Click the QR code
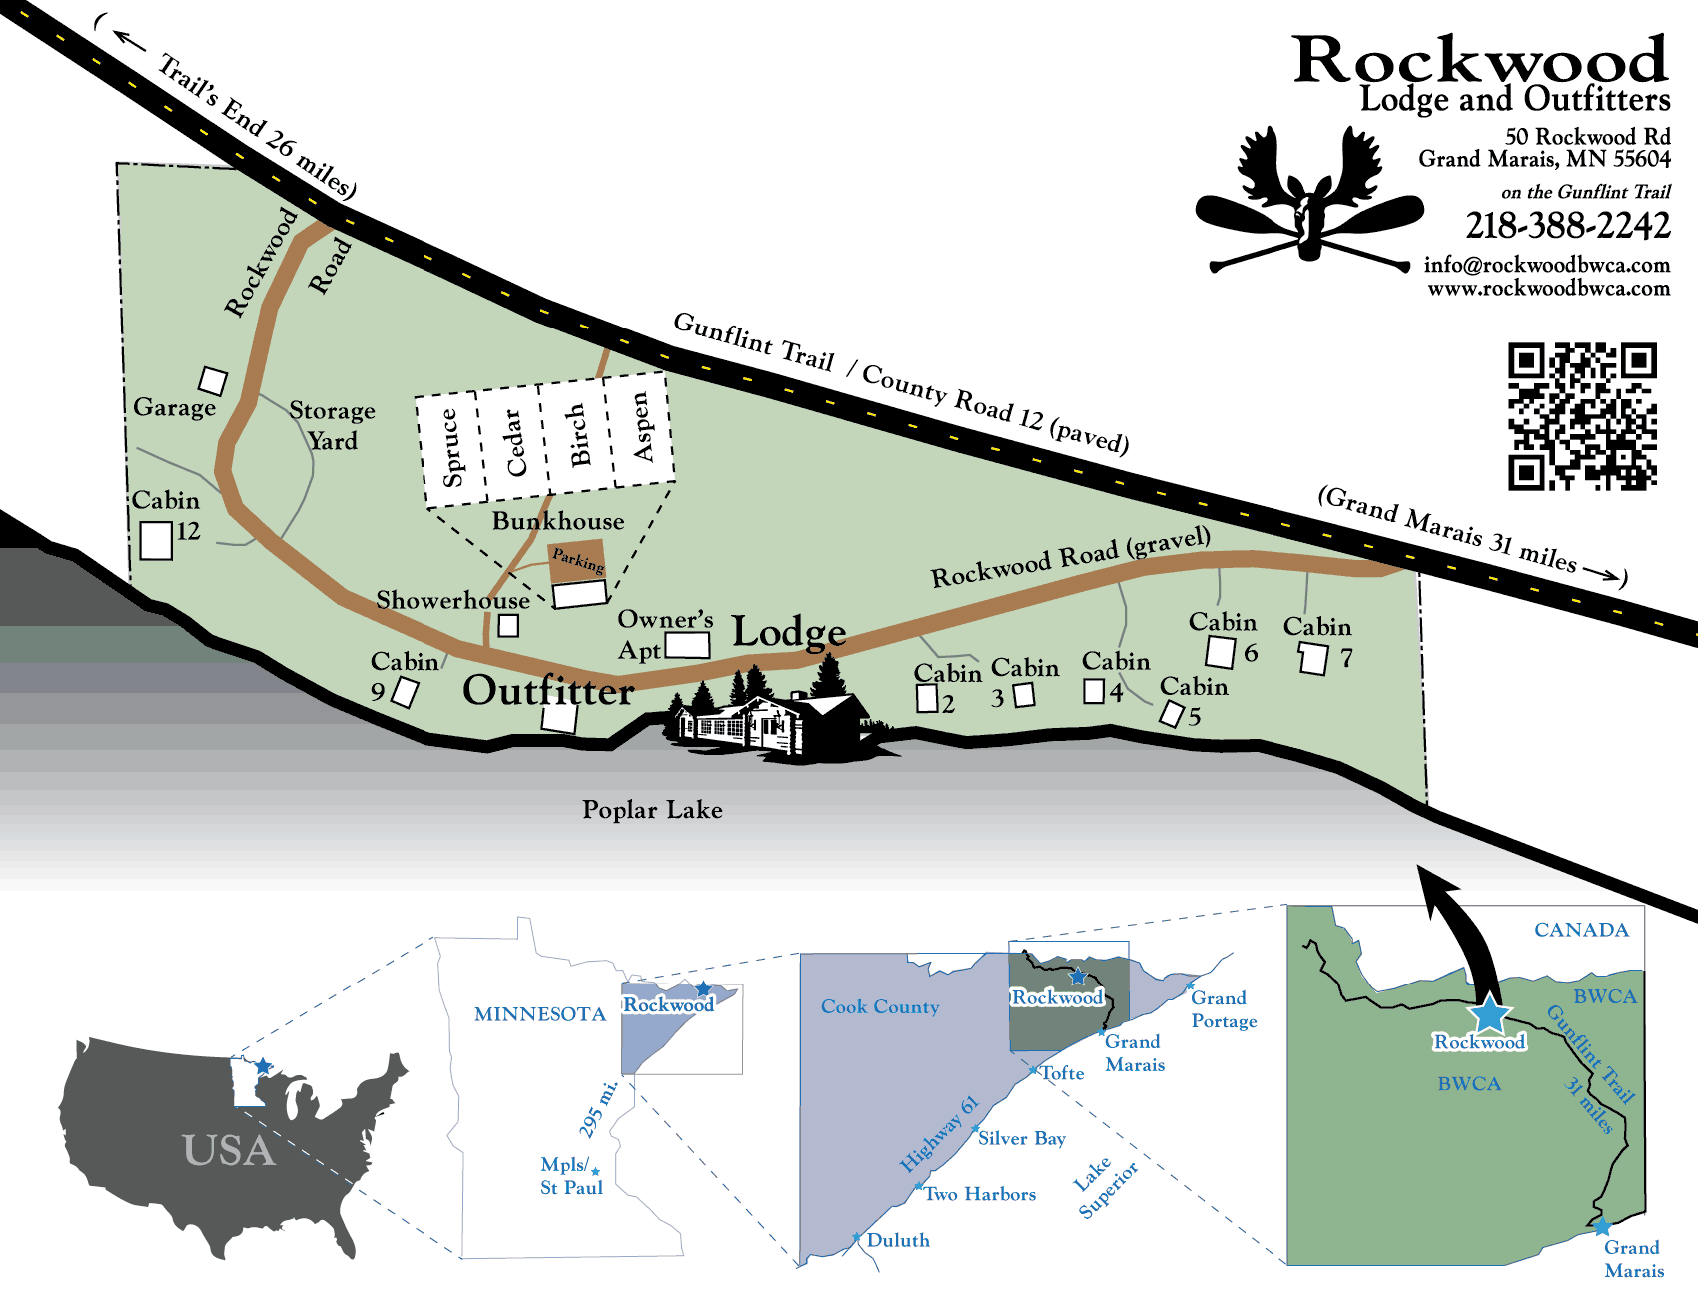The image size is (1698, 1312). pos(1582,417)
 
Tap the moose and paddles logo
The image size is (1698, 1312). pos(1309,200)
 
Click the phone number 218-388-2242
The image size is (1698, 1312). pos(1568,226)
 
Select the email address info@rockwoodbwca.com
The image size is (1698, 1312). pos(1547,265)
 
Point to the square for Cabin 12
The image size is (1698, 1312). pos(156,540)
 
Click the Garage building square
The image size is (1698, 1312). pos(213,380)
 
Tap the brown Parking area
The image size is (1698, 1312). pos(577,562)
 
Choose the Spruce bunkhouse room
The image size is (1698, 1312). pos(450,449)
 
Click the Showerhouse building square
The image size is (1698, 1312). pos(508,625)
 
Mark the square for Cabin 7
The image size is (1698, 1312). pos(1313,659)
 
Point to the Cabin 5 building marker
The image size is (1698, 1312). pos(1172,714)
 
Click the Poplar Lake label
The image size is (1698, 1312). pos(652,810)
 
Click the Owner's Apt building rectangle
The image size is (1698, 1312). pos(687,644)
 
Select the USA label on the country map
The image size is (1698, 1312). pos(229,1150)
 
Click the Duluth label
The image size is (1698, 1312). pos(898,1240)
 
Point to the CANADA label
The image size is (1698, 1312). pos(1581,930)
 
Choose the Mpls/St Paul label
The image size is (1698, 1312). pos(571,1176)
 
